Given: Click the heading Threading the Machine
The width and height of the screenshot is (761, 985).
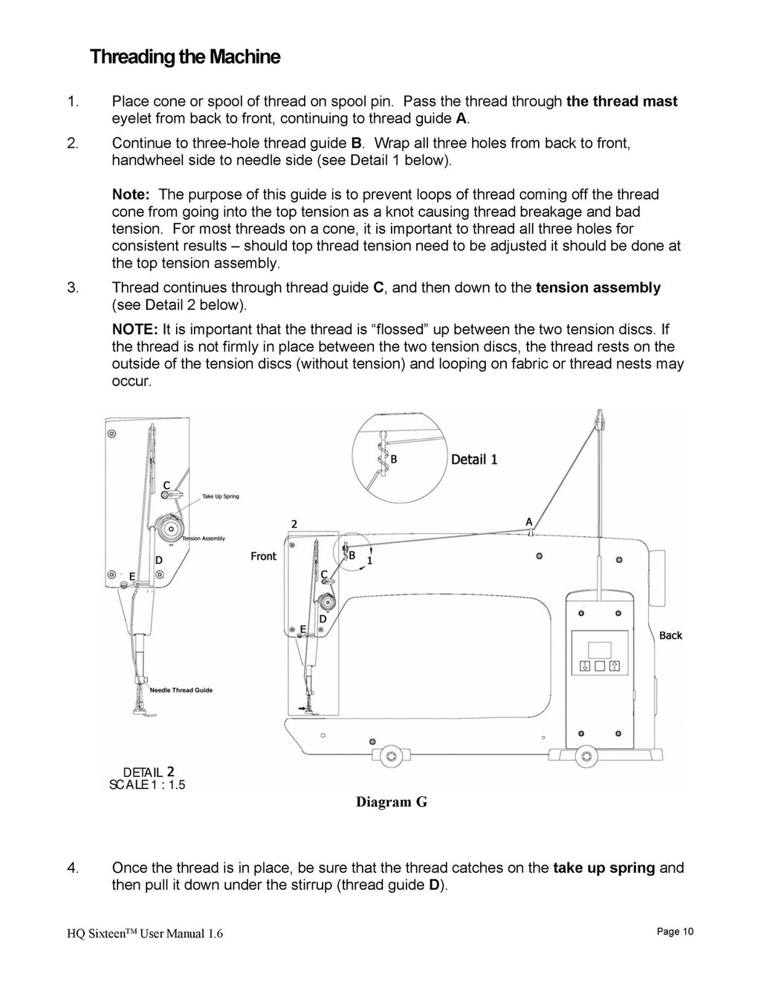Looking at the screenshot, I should (185, 57).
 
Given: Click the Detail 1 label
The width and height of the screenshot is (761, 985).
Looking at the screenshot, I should (474, 460).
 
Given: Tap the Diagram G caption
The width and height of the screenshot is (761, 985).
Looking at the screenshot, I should (392, 802).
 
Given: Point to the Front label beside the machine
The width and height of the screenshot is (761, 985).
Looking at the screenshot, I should (263, 556).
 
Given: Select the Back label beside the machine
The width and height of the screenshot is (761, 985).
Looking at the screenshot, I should (670, 636).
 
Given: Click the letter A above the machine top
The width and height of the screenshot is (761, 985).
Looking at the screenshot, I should (529, 521).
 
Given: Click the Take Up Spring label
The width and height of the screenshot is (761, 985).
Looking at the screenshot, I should (221, 496).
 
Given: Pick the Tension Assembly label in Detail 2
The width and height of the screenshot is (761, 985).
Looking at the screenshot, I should (203, 539).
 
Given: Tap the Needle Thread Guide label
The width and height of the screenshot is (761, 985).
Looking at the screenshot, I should (181, 690).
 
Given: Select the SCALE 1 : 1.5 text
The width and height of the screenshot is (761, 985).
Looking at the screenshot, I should (147, 785).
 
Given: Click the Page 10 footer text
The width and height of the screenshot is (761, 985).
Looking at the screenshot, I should (675, 932).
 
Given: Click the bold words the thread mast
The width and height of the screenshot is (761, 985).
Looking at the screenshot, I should (621, 102).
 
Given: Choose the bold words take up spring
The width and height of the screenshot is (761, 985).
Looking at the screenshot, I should (604, 868).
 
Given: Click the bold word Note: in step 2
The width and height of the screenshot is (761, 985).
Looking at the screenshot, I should (132, 195).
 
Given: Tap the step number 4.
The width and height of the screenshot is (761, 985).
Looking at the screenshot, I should (72, 868).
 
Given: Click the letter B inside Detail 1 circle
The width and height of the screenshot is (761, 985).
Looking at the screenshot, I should (394, 460).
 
